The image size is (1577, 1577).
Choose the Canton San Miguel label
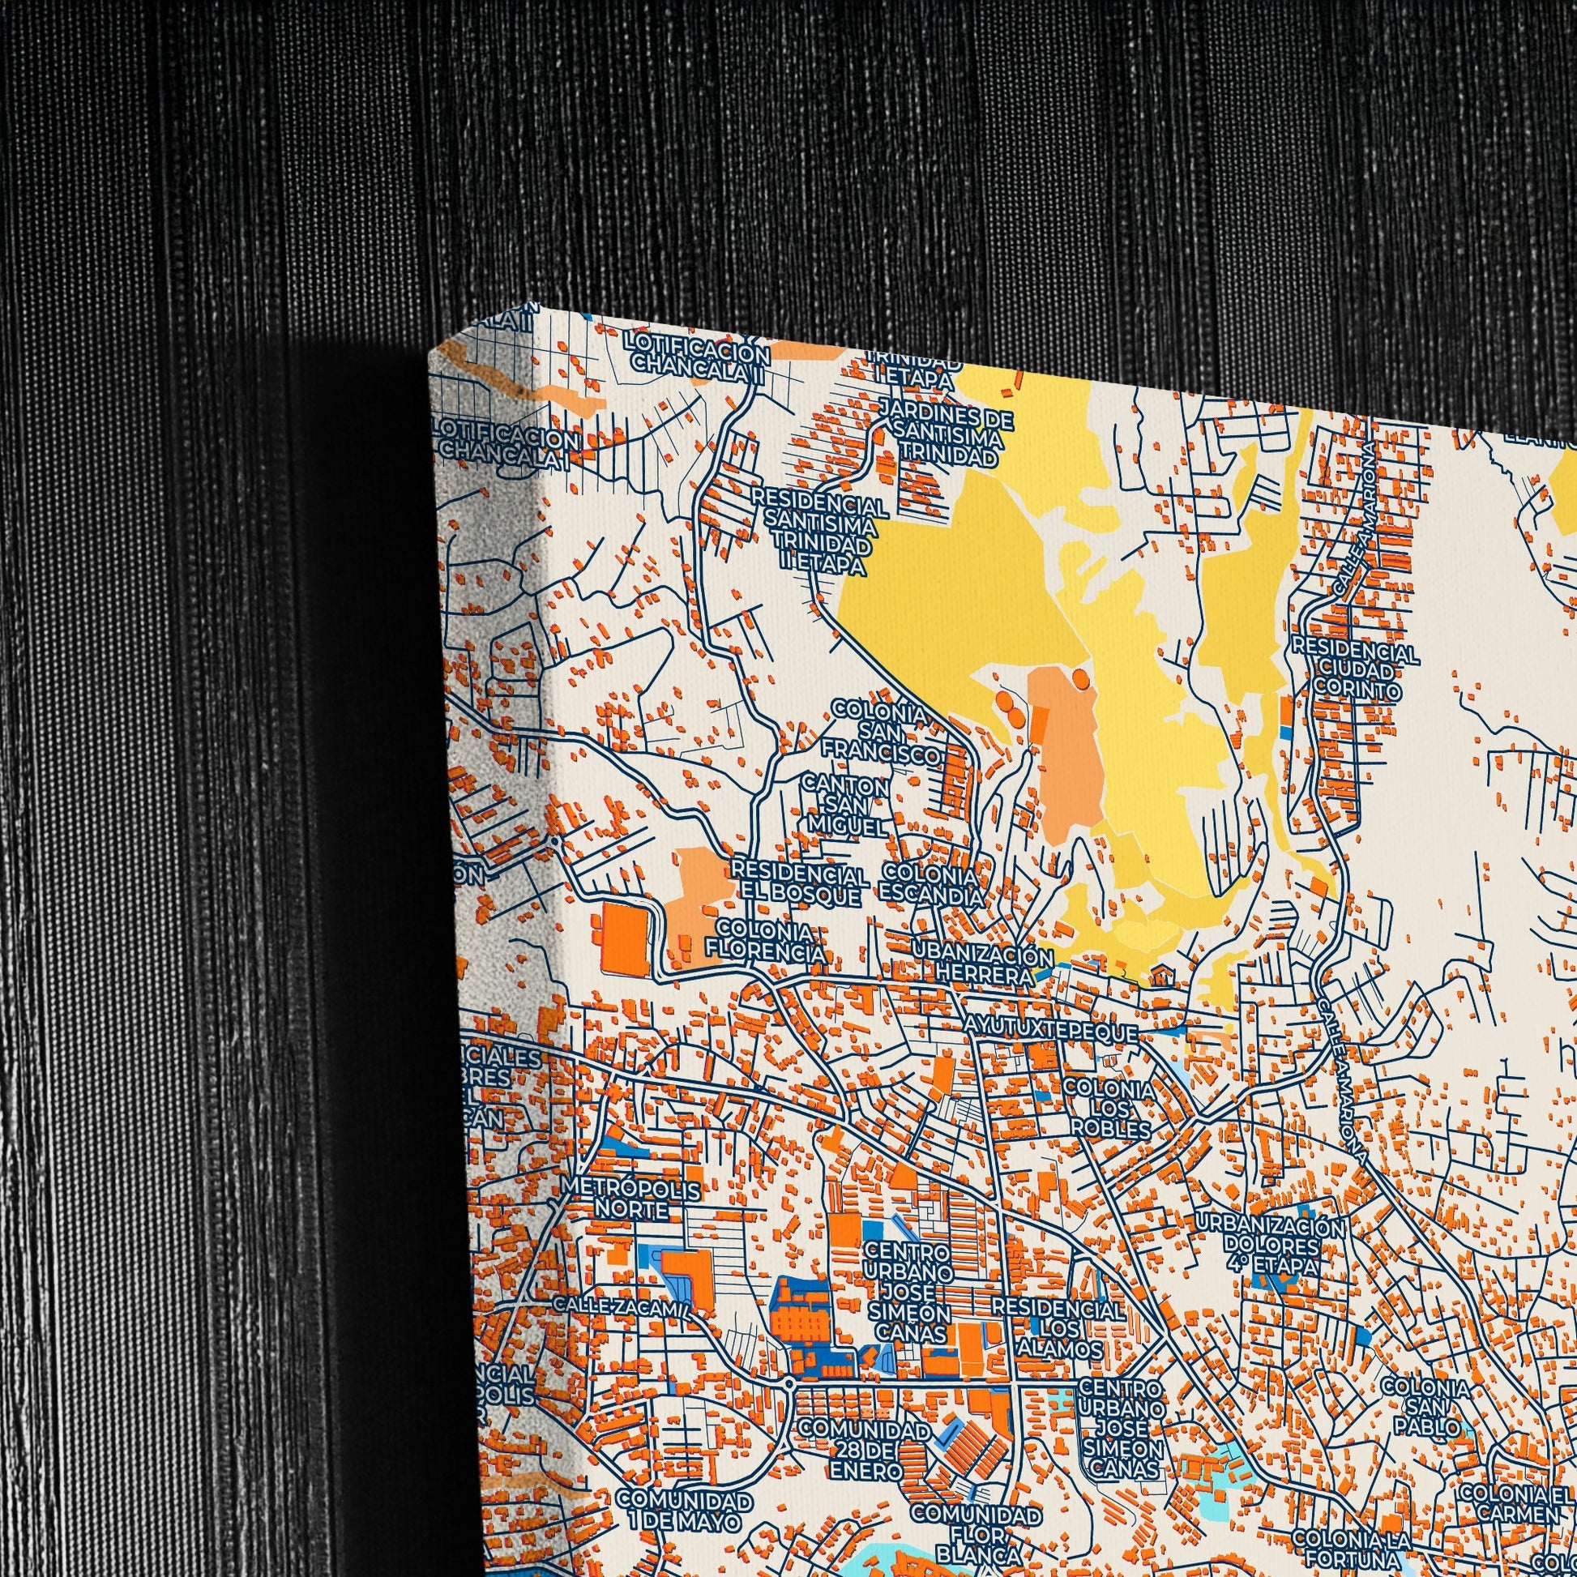pyautogui.click(x=847, y=806)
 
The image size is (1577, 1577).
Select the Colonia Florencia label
pyautogui.click(x=764, y=941)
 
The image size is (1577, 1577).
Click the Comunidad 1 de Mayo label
pyautogui.click(x=683, y=1510)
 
